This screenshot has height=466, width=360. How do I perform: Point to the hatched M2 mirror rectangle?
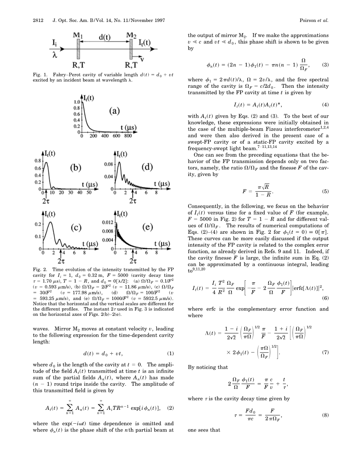(132, 49)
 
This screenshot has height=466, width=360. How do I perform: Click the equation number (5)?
(325, 191)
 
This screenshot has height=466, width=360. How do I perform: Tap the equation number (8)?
(325, 415)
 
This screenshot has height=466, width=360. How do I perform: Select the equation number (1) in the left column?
(170, 354)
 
